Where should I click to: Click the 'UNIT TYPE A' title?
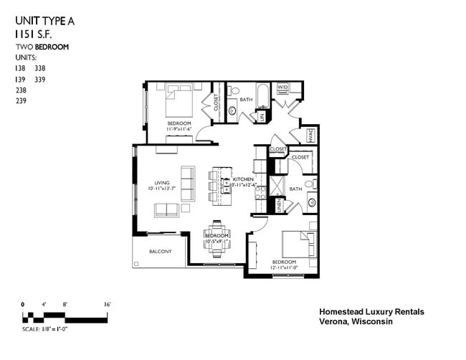pos(44,21)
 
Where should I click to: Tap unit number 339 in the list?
pos(40,80)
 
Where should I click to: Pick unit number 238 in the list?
pos(20,90)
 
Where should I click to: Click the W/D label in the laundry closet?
pos(282,87)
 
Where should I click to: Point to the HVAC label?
pos(312,134)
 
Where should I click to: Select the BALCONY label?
pos(160,251)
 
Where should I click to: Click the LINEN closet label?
pos(280,206)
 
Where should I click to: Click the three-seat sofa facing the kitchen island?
pos(187,184)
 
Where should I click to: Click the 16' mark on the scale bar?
pos(107,305)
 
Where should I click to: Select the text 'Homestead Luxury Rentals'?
pos(371,312)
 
